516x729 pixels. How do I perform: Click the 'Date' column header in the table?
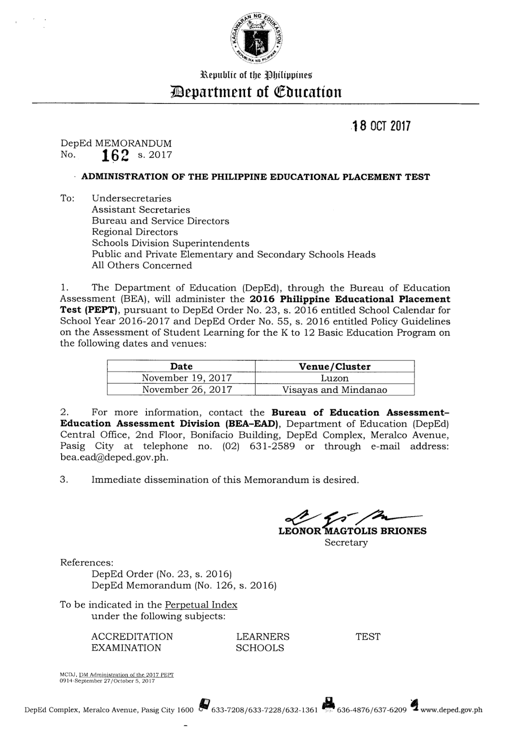coord(181,366)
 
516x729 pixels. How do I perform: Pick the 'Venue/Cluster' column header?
coord(334,366)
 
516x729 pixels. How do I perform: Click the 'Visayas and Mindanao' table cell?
coord(334,390)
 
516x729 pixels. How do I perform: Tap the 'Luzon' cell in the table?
coord(334,378)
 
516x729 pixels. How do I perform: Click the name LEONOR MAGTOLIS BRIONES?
coord(352,531)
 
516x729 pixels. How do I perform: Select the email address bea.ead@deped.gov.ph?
coord(114,457)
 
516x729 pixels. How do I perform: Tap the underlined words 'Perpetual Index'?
coord(201,605)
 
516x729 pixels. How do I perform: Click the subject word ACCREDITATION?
coord(132,637)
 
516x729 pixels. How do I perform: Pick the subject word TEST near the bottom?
coord(368,637)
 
